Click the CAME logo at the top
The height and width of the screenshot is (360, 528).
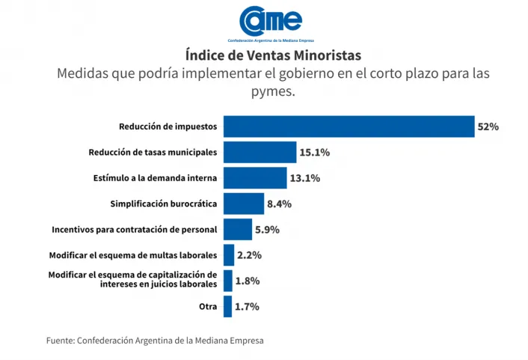270,22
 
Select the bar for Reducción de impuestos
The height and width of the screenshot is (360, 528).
349,126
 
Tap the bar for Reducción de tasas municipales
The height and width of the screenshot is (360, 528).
260,152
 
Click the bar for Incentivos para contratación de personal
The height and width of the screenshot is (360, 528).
237,229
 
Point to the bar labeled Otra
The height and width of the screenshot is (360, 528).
227,306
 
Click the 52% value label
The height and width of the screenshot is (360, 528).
488,127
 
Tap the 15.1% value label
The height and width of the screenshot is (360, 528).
314,153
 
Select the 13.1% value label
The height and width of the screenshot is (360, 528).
305,178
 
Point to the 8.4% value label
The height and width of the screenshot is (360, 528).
279,204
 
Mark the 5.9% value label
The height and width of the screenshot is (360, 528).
267,230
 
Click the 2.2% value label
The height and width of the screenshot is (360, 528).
249,255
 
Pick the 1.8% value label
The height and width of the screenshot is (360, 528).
247,281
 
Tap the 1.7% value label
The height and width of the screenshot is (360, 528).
247,306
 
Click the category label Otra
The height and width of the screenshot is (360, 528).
207,306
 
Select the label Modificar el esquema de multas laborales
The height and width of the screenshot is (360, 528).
132,255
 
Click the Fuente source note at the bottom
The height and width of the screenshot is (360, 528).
155,340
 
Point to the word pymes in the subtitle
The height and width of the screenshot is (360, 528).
273,92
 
